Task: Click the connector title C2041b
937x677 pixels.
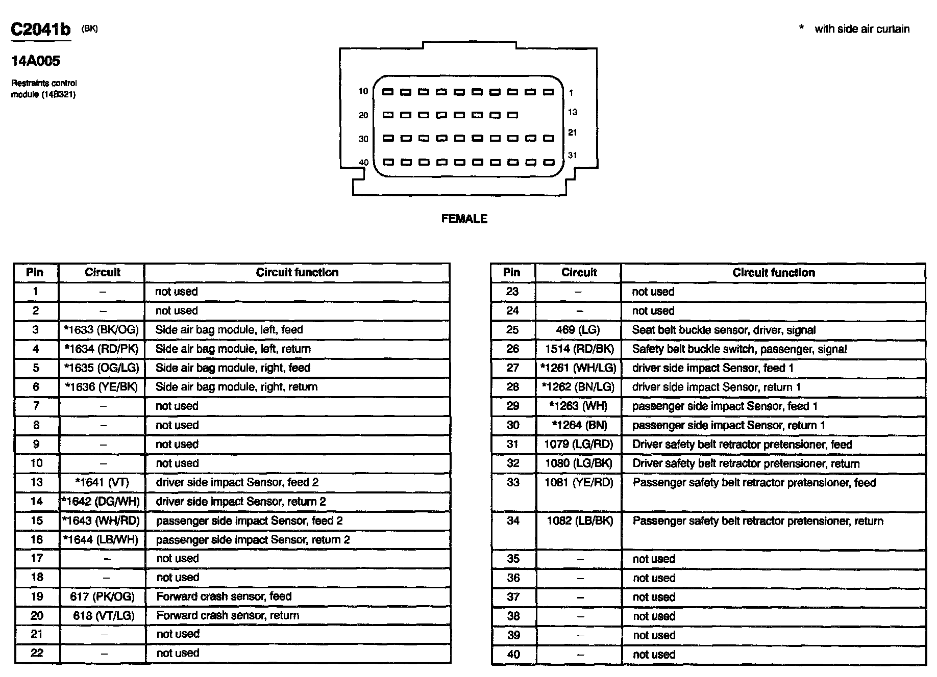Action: [x=41, y=30]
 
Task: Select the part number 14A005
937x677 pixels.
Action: [x=36, y=61]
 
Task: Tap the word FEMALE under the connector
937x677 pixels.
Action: [x=464, y=219]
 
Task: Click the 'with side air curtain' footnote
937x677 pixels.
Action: [x=861, y=29]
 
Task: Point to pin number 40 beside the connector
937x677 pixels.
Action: [x=363, y=163]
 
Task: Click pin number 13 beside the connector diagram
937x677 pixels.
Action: [x=573, y=112]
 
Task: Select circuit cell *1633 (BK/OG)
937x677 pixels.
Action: [x=102, y=330]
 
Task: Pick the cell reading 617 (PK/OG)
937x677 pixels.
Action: [x=103, y=596]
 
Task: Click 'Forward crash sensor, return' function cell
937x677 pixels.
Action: [x=228, y=615]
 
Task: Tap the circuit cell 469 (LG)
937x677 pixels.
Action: [x=578, y=330]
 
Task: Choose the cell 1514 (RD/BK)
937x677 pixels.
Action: [x=579, y=349]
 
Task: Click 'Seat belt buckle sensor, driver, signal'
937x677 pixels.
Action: [x=724, y=330]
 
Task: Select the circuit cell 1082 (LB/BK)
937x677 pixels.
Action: [x=579, y=521]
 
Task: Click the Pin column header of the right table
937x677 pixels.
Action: [x=511, y=272]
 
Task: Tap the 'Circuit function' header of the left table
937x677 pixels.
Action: [x=297, y=272]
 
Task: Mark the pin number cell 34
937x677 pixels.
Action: [x=513, y=521]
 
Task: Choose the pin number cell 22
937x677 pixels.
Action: [x=37, y=653]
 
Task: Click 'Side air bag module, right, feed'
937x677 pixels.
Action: [x=233, y=368]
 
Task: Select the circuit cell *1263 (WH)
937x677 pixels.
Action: [x=578, y=406]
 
